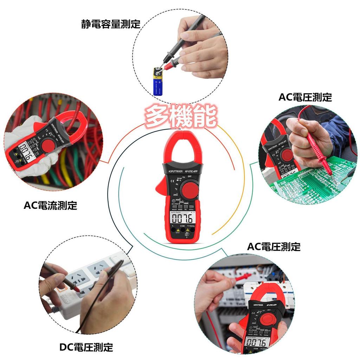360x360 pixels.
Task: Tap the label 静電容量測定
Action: tap(110, 24)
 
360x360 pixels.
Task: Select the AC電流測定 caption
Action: tap(50, 205)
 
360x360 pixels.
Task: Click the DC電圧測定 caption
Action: tap(86, 347)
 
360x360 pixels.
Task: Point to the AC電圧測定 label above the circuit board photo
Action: tap(305, 97)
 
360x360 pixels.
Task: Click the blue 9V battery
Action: tap(158, 83)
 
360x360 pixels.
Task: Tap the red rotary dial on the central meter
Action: tap(189, 190)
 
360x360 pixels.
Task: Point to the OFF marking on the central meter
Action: tap(189, 176)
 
